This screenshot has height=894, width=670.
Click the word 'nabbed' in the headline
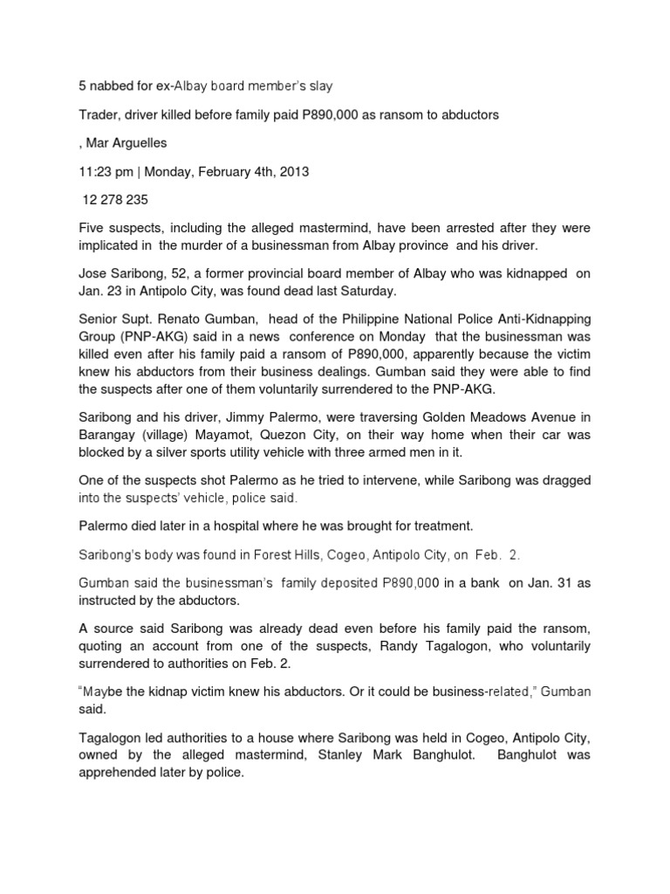109,85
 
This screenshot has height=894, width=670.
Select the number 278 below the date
113,200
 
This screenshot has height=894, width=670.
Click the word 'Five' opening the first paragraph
92,229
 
